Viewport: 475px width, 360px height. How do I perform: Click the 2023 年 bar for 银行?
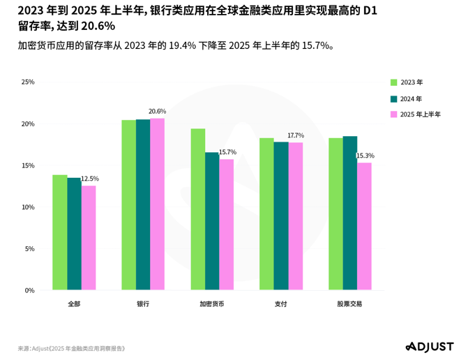coord(128,205)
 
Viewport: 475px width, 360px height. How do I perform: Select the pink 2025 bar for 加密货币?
coord(227,225)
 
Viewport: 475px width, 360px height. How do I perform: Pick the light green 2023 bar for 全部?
coord(60,232)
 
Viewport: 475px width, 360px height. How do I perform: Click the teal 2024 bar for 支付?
coord(281,216)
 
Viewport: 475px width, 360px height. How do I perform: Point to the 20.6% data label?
coord(157,112)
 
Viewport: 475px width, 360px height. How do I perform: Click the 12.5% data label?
coord(90,179)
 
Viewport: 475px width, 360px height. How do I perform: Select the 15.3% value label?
coord(365,156)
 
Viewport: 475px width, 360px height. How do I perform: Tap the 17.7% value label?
coord(296,135)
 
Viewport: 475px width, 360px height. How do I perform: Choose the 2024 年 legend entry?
coord(411,98)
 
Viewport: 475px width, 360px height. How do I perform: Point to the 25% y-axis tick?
coord(28,82)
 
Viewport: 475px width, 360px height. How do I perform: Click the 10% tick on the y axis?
coord(28,207)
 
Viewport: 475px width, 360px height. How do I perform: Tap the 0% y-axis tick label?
coord(29,290)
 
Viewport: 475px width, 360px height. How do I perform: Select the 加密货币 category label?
coord(212,304)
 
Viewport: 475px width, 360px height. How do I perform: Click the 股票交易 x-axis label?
coord(349,304)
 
